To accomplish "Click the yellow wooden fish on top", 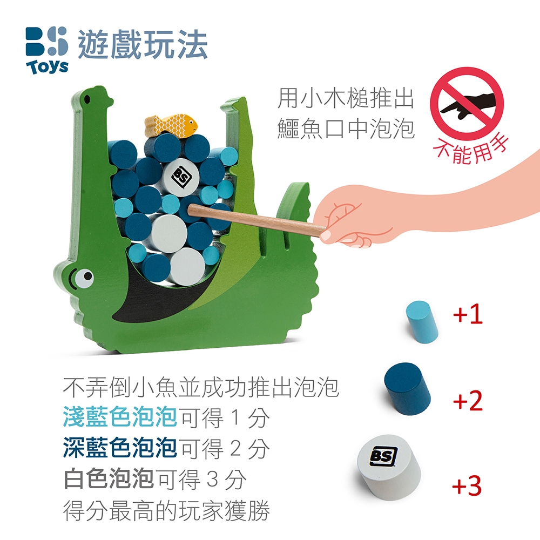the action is click(x=171, y=125).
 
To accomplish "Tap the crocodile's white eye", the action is click(x=84, y=278).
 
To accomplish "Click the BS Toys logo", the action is click(x=47, y=51).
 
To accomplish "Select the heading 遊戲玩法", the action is click(x=143, y=44).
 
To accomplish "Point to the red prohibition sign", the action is click(x=467, y=104).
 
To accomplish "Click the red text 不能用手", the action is click(x=471, y=150).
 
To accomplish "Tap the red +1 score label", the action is click(x=468, y=314).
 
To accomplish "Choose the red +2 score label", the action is click(x=468, y=400).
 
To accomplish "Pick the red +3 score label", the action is click(x=467, y=485).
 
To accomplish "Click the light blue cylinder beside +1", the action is click(x=422, y=322).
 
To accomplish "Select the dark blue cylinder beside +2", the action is click(x=408, y=387).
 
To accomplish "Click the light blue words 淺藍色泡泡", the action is click(x=120, y=417).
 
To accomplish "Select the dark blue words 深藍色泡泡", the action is click(x=120, y=448).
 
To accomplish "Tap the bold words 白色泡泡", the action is click(x=109, y=478).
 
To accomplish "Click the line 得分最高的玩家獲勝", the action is click(x=166, y=510).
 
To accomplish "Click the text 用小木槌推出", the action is click(x=346, y=98).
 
